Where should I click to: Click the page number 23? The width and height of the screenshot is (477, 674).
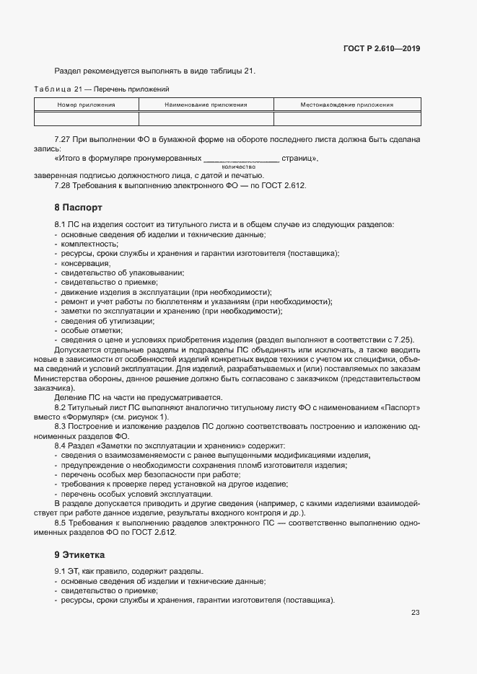415,613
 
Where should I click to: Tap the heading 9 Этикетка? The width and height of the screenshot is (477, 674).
79,555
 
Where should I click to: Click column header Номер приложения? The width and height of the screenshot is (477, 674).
87,105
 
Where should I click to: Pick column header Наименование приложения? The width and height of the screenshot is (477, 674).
206,105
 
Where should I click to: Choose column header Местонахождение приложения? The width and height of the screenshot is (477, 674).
346,105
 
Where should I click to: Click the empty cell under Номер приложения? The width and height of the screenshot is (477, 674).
87,118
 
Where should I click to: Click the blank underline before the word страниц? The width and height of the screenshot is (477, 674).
241,158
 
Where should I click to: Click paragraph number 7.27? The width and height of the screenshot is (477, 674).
64,138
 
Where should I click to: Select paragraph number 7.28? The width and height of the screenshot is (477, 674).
64,185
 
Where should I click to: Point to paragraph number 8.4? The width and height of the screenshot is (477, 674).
61,446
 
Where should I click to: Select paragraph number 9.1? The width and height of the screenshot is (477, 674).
61,571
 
